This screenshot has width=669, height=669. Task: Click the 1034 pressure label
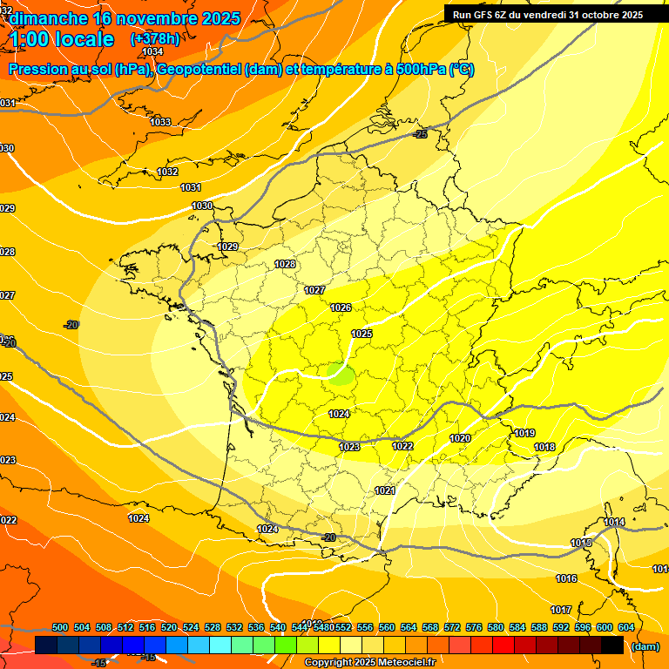[x=152, y=51]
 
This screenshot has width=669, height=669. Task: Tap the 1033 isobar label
[x=160, y=122]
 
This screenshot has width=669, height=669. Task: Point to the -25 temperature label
[x=421, y=134]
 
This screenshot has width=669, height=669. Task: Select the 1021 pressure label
[x=385, y=490]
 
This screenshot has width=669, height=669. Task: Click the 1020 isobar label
[x=460, y=438]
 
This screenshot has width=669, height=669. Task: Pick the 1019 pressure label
[x=524, y=433]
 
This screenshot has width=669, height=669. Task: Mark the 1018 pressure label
[x=544, y=447]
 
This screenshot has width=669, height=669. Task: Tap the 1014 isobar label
[x=614, y=522]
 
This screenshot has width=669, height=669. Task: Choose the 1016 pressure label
[x=566, y=578]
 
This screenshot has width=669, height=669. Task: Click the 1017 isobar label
[x=561, y=610]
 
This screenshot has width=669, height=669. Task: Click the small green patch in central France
[x=340, y=375]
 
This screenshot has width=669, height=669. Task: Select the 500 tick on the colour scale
[x=60, y=627]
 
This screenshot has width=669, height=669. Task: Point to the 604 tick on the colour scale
[x=626, y=627]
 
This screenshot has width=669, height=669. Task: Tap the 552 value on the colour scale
[x=343, y=627]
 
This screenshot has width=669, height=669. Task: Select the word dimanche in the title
[x=48, y=17]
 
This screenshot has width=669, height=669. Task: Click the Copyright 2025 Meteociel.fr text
[x=369, y=663]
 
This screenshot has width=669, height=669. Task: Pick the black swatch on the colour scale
[x=612, y=645]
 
